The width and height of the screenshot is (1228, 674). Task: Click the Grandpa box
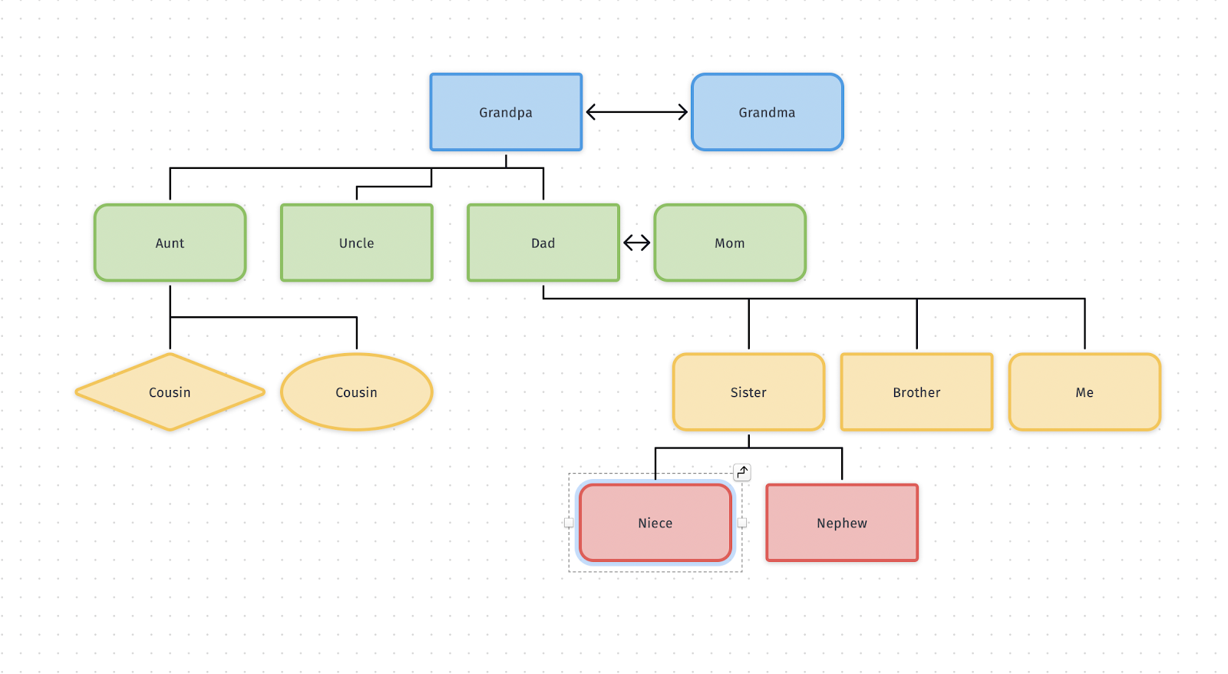click(x=506, y=112)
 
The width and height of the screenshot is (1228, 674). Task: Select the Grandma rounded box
click(x=767, y=112)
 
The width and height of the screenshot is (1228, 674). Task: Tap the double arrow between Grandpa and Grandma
click(x=636, y=112)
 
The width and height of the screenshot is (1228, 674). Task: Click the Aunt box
click(x=170, y=243)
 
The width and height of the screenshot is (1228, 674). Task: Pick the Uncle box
click(x=356, y=243)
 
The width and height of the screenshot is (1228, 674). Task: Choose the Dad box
click(x=543, y=243)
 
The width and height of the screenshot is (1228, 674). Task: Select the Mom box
click(x=729, y=243)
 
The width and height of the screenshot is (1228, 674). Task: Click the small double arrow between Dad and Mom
click(x=636, y=243)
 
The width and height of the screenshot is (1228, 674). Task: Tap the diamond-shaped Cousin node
click(x=170, y=392)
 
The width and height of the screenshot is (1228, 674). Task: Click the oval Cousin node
click(x=356, y=392)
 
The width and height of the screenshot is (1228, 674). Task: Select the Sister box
click(x=748, y=392)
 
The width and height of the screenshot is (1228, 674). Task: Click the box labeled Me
click(x=1084, y=392)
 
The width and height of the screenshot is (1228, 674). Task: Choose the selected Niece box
click(x=655, y=523)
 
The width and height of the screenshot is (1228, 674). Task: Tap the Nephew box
click(x=841, y=523)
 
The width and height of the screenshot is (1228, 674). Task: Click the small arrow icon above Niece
click(x=742, y=472)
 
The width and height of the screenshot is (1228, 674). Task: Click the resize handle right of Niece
click(x=742, y=523)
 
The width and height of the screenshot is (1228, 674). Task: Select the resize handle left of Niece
click(x=569, y=523)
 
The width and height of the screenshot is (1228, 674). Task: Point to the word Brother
click(x=916, y=392)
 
